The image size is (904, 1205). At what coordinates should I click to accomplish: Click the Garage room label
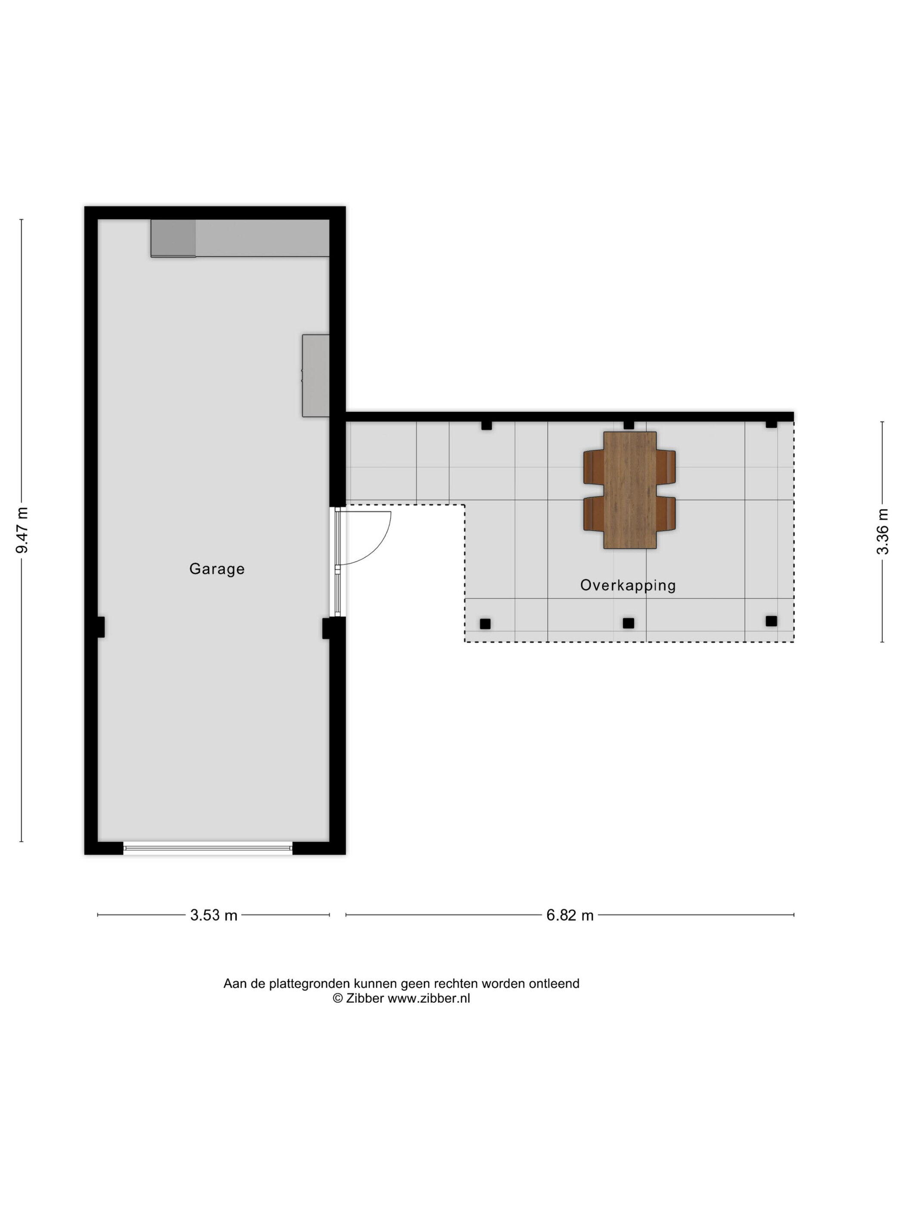(x=217, y=569)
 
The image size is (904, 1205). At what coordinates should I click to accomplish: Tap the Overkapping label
(x=628, y=586)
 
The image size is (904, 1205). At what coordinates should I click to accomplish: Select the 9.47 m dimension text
(x=22, y=529)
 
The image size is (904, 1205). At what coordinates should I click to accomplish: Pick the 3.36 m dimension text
(x=882, y=531)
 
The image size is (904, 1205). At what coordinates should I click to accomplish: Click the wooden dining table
(x=630, y=490)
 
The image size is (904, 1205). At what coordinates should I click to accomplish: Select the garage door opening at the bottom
(x=207, y=847)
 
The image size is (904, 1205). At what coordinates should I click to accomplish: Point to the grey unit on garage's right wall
(x=316, y=375)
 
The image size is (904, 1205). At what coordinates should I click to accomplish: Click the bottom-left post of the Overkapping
(x=485, y=624)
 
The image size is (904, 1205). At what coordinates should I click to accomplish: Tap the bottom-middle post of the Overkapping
(x=629, y=623)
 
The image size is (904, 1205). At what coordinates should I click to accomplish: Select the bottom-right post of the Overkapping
(x=771, y=621)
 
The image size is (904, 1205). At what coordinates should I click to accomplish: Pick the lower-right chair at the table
(x=666, y=513)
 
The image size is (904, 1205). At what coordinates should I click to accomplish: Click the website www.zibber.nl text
(x=429, y=998)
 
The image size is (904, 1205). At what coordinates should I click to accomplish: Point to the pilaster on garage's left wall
(x=101, y=627)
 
